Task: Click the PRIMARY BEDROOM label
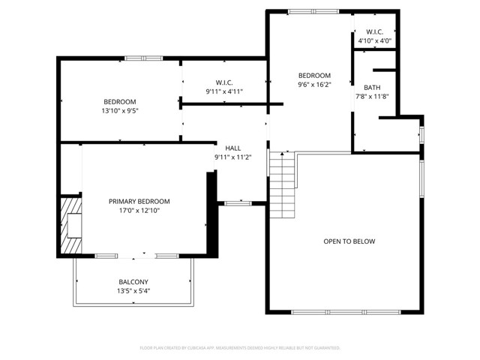click(139, 201)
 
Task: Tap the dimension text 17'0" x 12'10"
click(139, 211)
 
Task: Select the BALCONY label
click(133, 282)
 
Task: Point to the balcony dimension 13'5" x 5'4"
click(133, 291)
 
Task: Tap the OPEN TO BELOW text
click(349, 241)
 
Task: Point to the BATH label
click(372, 88)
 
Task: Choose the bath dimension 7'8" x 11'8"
click(372, 97)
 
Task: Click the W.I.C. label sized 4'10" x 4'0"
click(375, 31)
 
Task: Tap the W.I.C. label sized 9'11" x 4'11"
click(224, 82)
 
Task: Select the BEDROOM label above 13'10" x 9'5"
click(120, 101)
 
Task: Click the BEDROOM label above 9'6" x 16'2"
click(314, 75)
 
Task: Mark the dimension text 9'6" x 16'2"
click(314, 85)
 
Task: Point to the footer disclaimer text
click(240, 348)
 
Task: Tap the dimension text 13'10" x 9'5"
click(120, 110)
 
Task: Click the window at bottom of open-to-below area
click(345, 312)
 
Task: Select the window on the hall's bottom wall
click(238, 202)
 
